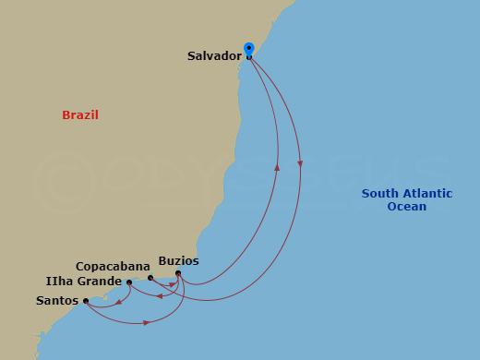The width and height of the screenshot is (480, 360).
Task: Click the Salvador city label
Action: coord(214,56)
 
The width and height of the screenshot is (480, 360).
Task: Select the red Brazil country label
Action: coord(80,115)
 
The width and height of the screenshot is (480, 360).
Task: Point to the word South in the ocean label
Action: coord(378,194)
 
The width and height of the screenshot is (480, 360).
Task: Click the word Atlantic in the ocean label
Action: coord(426,194)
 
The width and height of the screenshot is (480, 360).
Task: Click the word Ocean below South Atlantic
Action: coord(407,207)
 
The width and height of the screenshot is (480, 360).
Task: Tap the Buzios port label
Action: coord(178,261)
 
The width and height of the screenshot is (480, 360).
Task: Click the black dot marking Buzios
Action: coord(178,273)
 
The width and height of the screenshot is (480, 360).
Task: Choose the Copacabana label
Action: coord(113,266)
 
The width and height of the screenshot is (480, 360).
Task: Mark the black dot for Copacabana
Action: coord(150,277)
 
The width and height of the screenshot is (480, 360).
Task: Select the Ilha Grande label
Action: coord(82,281)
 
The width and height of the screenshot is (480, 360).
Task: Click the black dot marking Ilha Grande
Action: coord(128,282)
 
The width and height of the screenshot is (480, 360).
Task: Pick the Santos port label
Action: coord(57,300)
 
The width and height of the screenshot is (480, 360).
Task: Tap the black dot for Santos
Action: coord(86,301)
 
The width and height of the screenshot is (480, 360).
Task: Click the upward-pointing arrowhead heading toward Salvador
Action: coord(278,167)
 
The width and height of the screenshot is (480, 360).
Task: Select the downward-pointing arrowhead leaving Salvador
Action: coord(300,163)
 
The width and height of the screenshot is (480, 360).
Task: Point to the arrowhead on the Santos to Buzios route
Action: coord(147,323)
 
